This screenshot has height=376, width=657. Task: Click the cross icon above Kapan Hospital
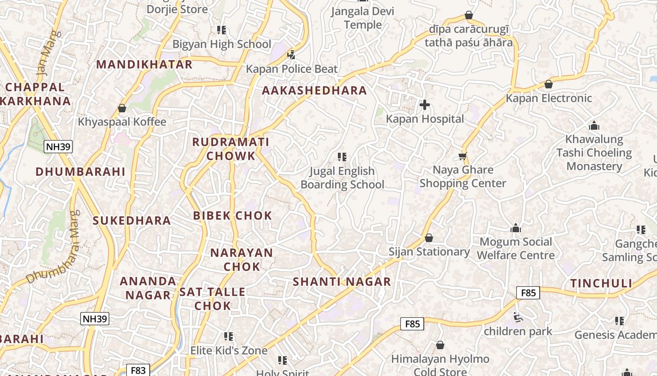[x=425, y=104]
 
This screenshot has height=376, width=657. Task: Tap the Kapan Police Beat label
[x=291, y=69]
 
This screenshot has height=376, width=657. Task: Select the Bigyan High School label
[x=222, y=44]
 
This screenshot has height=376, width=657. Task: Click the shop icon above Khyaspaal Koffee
[x=122, y=108]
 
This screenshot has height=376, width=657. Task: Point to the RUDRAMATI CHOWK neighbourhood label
[x=230, y=149]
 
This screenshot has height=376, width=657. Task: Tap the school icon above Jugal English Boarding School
[x=342, y=157]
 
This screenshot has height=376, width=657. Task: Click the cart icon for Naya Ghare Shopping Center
[x=463, y=156]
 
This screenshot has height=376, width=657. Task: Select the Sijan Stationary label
[x=429, y=252]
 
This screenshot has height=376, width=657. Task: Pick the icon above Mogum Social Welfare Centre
[x=516, y=228]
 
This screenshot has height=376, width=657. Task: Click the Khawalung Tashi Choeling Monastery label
[x=594, y=153]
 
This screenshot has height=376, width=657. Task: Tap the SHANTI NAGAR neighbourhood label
[x=342, y=282]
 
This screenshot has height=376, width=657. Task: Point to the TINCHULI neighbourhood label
[x=601, y=283]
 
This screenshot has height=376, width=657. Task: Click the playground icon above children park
[x=518, y=318]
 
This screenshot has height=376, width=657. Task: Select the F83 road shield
[x=138, y=370]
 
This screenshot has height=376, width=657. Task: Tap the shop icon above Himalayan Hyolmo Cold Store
[x=440, y=345]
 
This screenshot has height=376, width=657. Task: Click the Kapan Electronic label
[x=549, y=98]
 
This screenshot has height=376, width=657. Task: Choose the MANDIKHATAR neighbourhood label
[x=145, y=64]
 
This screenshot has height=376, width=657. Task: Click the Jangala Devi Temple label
[x=363, y=17]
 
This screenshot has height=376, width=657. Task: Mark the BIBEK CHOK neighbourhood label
[x=232, y=216]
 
